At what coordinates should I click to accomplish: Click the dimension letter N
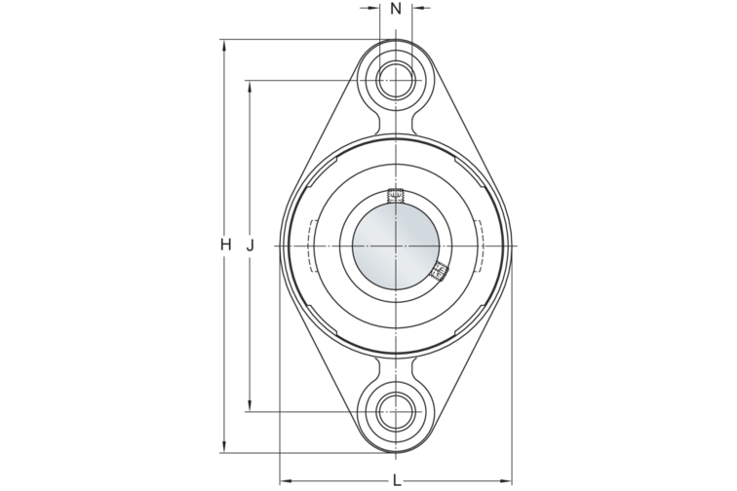click(x=395, y=9)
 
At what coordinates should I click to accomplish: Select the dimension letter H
click(x=225, y=245)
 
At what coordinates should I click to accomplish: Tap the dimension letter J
click(x=251, y=245)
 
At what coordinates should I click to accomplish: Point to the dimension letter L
click(x=396, y=478)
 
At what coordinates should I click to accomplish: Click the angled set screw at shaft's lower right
click(x=438, y=270)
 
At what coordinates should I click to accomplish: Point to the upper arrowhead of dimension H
click(x=225, y=44)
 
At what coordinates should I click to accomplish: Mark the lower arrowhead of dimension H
click(x=225, y=447)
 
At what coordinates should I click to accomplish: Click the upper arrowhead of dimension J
click(x=251, y=85)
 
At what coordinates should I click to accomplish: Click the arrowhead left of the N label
click(x=375, y=10)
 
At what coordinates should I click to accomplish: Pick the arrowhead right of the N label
click(x=416, y=10)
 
